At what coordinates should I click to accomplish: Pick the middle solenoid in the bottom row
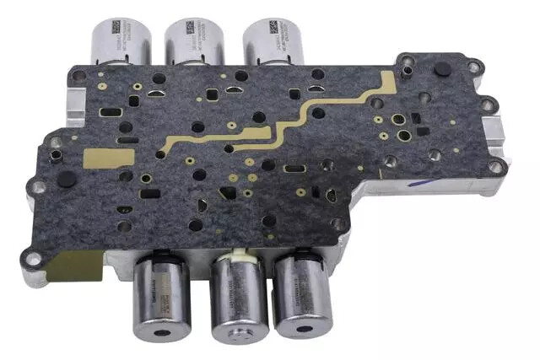click(x=238, y=300)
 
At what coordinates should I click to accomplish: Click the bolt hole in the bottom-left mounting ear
click(x=35, y=260)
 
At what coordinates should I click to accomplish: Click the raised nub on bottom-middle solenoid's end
click(x=239, y=336)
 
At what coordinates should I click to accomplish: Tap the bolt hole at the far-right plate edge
click(x=498, y=166)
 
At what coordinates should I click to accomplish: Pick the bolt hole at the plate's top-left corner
click(x=78, y=78)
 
